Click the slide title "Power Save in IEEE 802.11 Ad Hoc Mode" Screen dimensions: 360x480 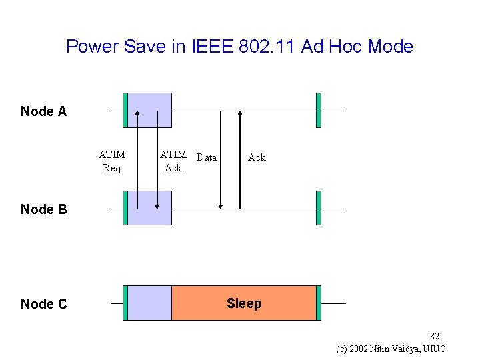239,47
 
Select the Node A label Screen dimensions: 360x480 44,111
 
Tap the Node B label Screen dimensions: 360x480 44,209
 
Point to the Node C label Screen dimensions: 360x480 44,304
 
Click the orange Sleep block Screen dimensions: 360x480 244,303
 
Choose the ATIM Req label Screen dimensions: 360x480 112,161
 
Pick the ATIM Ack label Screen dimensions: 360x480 173,161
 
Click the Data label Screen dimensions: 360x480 207,158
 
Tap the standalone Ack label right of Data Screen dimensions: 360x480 257,158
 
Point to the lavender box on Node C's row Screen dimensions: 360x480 149,303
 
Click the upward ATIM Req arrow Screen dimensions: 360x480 137,160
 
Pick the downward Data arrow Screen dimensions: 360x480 221,160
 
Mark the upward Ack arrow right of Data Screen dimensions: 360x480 240,160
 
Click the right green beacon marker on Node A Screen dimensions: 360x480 319,110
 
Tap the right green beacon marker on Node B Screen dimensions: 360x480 319,208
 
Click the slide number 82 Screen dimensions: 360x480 434,336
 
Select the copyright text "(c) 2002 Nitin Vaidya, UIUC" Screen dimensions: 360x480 391,349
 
